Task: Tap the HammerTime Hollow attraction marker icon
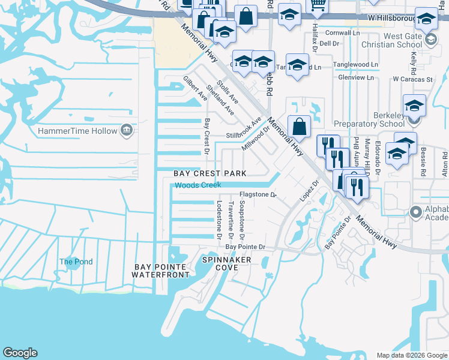tap(126, 130)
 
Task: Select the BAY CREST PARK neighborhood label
tap(210, 173)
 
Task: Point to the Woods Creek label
tap(198, 185)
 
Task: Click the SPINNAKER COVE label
tap(226, 263)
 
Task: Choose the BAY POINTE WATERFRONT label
tap(161, 271)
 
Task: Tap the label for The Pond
tap(76, 262)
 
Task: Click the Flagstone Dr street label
tap(257, 194)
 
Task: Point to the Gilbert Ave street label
tap(195, 88)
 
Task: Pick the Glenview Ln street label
tap(359, 77)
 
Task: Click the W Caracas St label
tap(412, 79)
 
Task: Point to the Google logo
tap(20, 353)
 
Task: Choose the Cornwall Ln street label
tap(342, 33)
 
